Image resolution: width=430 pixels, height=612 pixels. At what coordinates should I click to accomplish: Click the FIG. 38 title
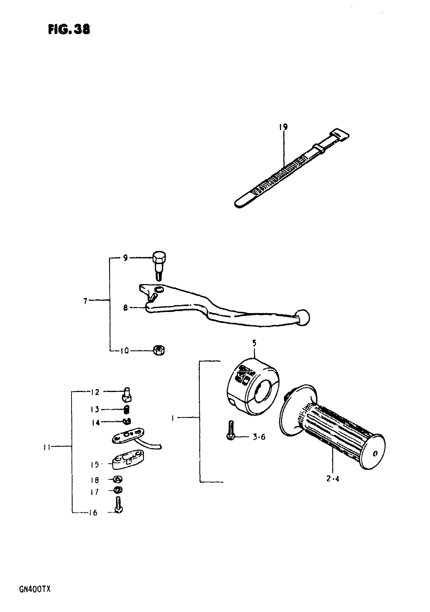click(x=69, y=29)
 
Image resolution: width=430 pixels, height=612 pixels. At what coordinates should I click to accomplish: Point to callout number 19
click(x=283, y=127)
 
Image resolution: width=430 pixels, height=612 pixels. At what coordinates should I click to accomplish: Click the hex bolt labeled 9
click(x=159, y=264)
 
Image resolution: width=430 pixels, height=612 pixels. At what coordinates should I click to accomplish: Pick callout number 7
click(x=85, y=301)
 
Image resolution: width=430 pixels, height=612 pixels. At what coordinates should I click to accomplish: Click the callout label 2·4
click(x=333, y=479)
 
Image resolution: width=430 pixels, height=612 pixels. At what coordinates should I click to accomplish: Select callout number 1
click(x=173, y=418)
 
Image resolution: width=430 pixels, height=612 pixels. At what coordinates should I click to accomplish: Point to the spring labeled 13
click(x=127, y=409)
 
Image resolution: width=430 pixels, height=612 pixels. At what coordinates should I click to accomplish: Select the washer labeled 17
click(x=118, y=490)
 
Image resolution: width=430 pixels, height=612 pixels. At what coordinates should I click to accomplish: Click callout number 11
click(x=47, y=448)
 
